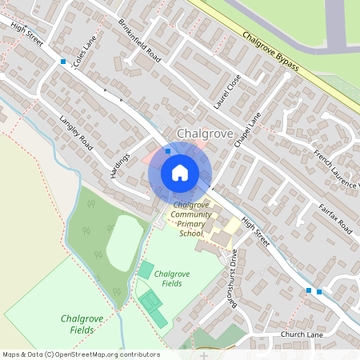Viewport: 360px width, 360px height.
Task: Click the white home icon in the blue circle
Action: [x=180, y=172]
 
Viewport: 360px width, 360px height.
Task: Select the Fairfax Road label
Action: [x=335, y=217]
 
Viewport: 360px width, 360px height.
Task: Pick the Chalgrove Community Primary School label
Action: [x=191, y=219]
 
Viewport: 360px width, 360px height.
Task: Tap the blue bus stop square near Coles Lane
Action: [x=63, y=61]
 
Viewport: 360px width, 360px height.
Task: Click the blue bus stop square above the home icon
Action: [x=168, y=150]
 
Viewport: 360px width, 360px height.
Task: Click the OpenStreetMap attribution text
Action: [x=80, y=354]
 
